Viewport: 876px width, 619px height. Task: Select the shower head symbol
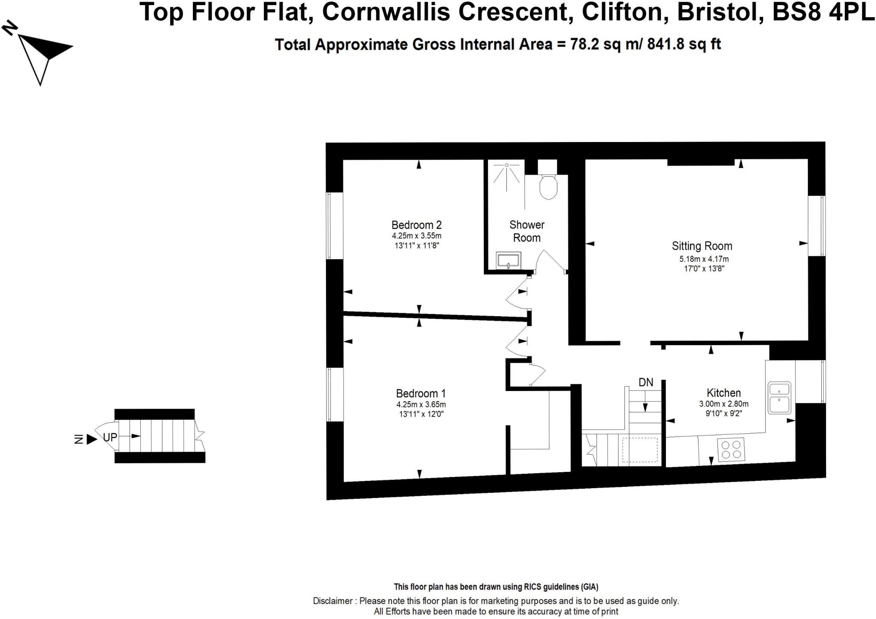(x=507, y=165)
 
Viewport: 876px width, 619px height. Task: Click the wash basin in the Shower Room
(x=509, y=260)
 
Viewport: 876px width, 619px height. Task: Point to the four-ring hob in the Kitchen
(x=731, y=450)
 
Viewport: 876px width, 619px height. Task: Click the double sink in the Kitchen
(x=780, y=397)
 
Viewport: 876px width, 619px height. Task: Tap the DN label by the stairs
(x=646, y=382)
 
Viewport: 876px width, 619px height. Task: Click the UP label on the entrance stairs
(x=110, y=437)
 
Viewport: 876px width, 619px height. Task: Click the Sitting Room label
(x=702, y=246)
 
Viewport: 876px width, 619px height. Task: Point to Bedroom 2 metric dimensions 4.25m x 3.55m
(x=417, y=236)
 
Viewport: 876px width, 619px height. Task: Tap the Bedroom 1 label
(x=421, y=393)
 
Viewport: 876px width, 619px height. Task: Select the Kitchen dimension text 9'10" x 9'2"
(x=724, y=414)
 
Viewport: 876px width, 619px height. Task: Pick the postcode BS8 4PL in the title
(x=823, y=12)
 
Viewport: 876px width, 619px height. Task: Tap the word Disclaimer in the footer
(x=333, y=601)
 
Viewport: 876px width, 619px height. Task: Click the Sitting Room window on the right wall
(x=816, y=225)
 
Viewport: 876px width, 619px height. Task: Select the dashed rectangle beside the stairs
(x=639, y=450)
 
